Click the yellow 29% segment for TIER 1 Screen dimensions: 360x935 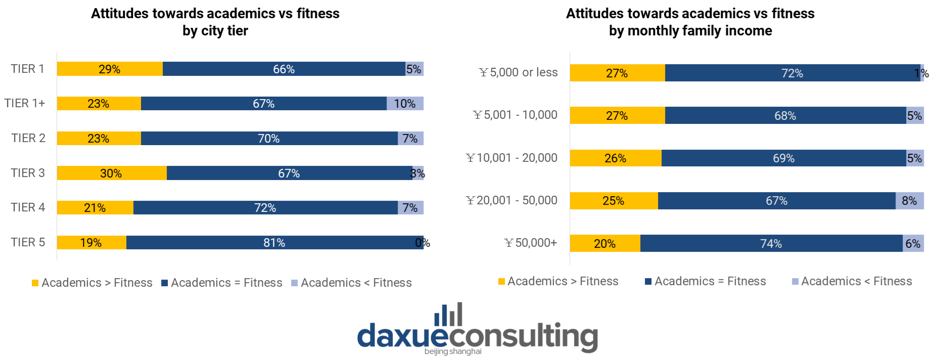pos(110,69)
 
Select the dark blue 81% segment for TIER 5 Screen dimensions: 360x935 pos(274,243)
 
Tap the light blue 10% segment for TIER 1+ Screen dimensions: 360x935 pos(405,104)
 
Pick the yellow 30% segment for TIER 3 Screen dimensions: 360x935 pos(111,173)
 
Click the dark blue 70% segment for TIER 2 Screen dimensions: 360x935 pos(269,139)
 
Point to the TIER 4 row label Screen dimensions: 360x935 pos(28,207)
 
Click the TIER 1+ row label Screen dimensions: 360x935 pos(25,103)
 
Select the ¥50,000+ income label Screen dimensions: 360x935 pos(531,243)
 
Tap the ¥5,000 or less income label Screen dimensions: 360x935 pos(518,72)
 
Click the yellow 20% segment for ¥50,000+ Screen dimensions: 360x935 pos(605,244)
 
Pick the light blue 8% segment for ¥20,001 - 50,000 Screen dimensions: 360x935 pos(909,201)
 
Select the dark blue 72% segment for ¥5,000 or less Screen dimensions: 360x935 pos(792,73)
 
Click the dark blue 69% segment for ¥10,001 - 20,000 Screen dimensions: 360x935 pos(783,158)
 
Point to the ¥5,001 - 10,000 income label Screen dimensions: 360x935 pos(515,115)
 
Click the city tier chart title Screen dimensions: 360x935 pos(215,22)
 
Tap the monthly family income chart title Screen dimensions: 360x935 pos(690,22)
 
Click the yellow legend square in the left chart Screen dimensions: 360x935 pos(35,283)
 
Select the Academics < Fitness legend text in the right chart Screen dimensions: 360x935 pos(856,281)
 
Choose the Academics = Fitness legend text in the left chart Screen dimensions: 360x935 pos(226,283)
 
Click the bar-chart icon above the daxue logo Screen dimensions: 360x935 pos(448,314)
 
